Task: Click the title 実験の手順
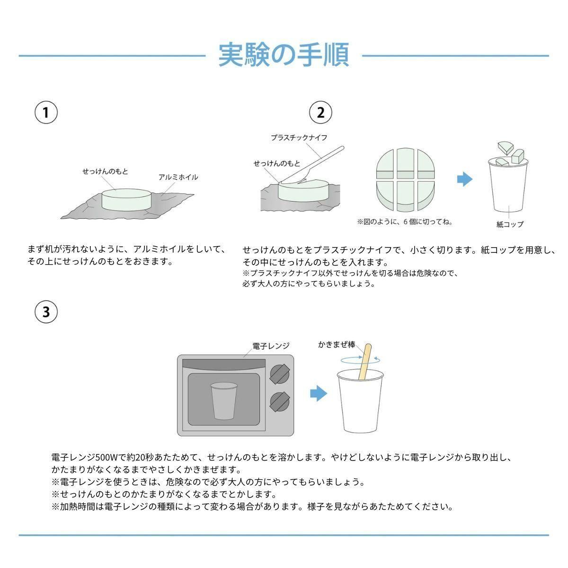[x=284, y=55]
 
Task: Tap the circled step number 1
[x=46, y=112]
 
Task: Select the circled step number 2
[x=320, y=112]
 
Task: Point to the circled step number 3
[x=46, y=312]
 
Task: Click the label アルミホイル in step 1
[x=178, y=177]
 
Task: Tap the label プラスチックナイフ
[x=299, y=138]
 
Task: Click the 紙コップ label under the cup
[x=510, y=224]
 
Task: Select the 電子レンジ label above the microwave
[x=271, y=346]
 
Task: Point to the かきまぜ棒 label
[x=337, y=345]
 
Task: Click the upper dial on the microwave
[x=279, y=374]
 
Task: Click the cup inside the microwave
[x=224, y=401]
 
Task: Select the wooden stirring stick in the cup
[x=364, y=362]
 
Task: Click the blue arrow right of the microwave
[x=319, y=393]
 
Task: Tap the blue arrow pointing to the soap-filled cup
[x=465, y=179]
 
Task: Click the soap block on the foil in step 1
[x=126, y=200]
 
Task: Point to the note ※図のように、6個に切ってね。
[x=405, y=222]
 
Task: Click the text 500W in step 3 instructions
[x=106, y=457]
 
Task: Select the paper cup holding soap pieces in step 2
[x=508, y=184]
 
